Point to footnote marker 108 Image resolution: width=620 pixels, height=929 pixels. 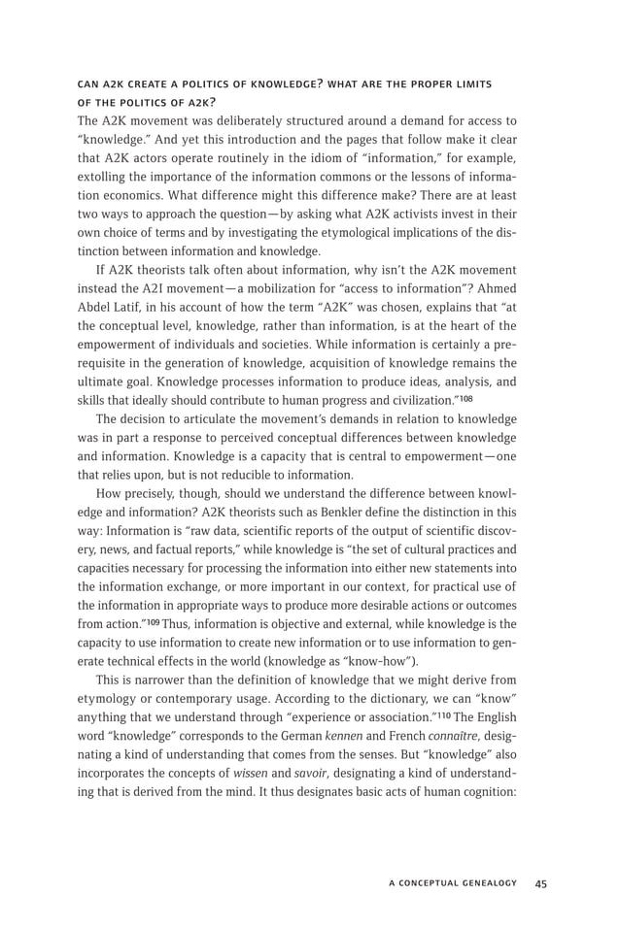tap(466, 397)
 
